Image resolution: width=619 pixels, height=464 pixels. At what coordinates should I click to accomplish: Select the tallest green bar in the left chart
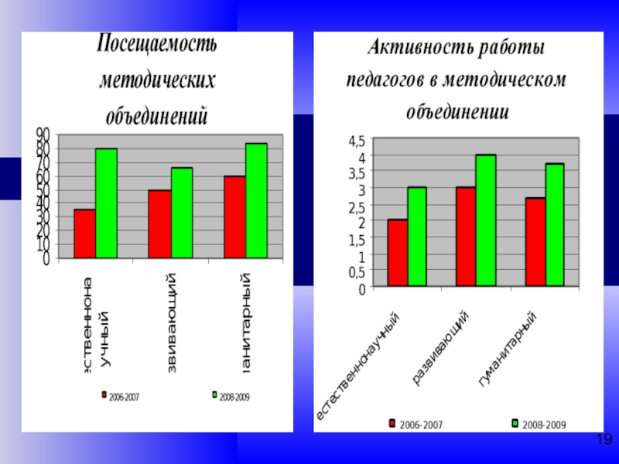pos(256,200)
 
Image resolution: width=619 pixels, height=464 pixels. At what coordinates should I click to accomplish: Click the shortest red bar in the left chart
pos(85,234)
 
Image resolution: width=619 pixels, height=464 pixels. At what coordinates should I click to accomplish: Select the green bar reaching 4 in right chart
pos(485,220)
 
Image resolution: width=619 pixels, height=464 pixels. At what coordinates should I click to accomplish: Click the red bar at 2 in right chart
pos(398,253)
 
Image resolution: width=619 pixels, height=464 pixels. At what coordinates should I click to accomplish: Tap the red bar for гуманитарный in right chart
pos(535,242)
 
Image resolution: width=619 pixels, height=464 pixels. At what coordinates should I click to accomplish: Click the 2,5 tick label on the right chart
pos(356,207)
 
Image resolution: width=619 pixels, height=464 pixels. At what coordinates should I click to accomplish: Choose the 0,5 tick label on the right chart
pos(356,273)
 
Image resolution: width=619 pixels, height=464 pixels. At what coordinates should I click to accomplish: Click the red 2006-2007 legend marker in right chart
pos(392,424)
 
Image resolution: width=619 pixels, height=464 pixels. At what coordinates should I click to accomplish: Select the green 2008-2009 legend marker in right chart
pos(515,424)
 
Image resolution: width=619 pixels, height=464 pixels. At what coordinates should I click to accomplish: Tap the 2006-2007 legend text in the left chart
pos(124,396)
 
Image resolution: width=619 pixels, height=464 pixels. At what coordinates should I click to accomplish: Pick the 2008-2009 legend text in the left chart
pos(234,396)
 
